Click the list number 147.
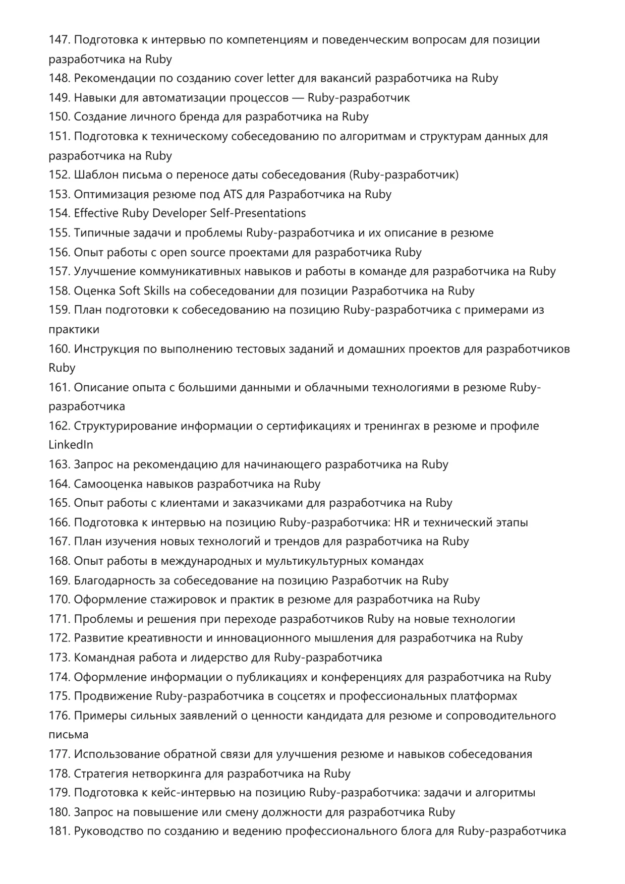click(x=59, y=40)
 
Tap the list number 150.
click(x=59, y=116)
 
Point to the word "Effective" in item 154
click(x=96, y=213)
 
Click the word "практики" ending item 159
click(x=74, y=329)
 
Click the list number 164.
click(x=59, y=484)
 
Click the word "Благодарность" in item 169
click(x=114, y=580)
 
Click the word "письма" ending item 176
click(x=68, y=735)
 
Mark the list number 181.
click(x=59, y=831)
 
